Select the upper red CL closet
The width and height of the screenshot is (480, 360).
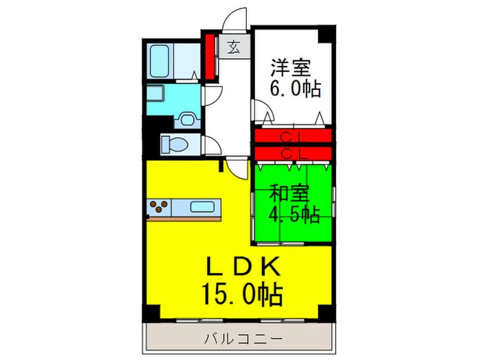[293, 136]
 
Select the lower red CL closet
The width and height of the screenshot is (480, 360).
[293, 152]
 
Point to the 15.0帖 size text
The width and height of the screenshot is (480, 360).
[240, 295]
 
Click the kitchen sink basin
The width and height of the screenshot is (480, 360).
[202, 206]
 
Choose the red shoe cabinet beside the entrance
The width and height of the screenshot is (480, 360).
[211, 54]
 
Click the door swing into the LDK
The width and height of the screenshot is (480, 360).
[237, 165]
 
